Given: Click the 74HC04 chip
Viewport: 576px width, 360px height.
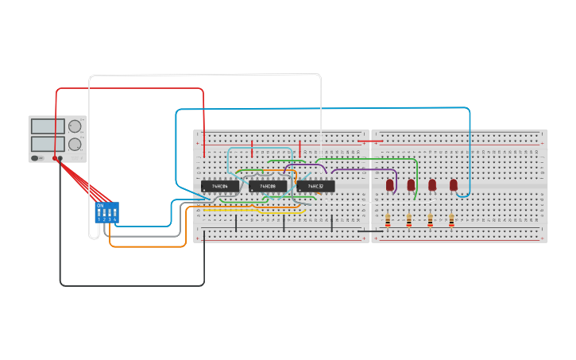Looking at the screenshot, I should click(220, 186).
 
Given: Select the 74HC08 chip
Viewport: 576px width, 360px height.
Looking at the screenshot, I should click(268, 186).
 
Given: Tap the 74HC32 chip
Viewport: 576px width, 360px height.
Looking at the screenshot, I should click(315, 186).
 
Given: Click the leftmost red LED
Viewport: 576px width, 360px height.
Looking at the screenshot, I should click(389, 184).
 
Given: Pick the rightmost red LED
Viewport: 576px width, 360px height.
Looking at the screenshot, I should click(454, 184).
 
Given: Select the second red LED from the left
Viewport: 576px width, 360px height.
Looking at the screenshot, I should click(411, 184).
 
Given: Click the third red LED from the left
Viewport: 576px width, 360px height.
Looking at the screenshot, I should click(432, 184).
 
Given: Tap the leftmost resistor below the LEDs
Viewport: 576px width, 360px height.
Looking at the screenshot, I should click(387, 220).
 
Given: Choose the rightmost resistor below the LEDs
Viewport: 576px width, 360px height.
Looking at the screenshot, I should click(451, 220).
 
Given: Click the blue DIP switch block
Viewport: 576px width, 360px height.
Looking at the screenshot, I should click(106, 212).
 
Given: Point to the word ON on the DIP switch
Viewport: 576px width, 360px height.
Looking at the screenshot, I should click(100, 206).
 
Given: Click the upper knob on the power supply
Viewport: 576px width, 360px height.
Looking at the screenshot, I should click(75, 126).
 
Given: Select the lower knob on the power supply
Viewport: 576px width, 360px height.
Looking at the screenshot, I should click(75, 144).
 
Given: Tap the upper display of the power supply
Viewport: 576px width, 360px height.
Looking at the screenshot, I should click(48, 126).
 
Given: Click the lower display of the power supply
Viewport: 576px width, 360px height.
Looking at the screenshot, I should click(48, 143).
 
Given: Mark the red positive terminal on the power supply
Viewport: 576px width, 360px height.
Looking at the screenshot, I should click(55, 158).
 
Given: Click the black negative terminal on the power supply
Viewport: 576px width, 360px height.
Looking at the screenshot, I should click(61, 158).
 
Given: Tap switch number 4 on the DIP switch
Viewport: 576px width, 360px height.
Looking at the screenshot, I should click(114, 214).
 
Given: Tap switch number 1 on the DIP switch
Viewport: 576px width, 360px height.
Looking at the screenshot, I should click(99, 214).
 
